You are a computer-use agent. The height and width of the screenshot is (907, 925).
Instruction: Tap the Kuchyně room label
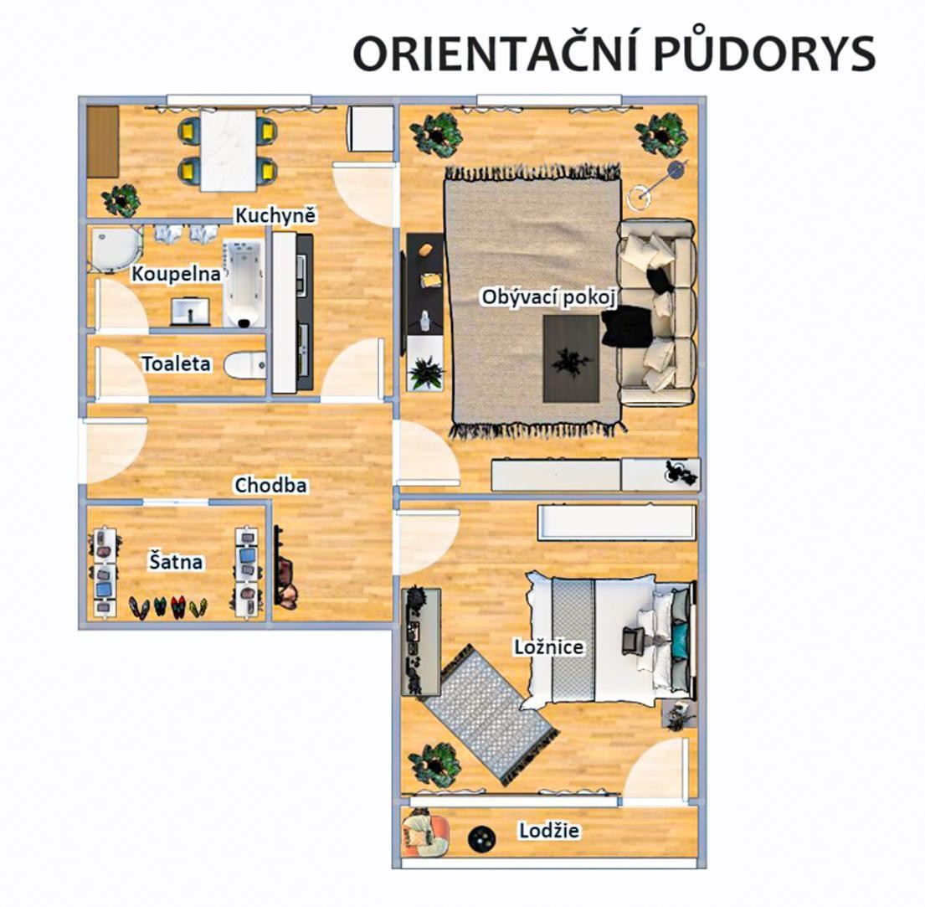(275, 215)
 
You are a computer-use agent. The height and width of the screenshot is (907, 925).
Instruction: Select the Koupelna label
(176, 273)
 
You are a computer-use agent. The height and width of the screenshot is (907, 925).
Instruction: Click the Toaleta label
(176, 363)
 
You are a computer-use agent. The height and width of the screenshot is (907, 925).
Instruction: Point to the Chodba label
(270, 485)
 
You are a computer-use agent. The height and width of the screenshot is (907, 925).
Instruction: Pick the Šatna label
(175, 561)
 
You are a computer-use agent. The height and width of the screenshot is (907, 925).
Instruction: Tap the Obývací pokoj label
(548, 297)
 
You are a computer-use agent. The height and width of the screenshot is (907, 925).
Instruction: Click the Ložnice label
(548, 647)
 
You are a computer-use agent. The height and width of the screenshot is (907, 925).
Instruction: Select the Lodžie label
(548, 830)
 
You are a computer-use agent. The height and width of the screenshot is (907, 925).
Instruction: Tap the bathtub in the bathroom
(244, 283)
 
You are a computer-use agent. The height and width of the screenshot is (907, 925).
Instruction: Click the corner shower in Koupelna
(115, 250)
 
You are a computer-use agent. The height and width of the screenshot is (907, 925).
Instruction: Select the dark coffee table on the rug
(571, 358)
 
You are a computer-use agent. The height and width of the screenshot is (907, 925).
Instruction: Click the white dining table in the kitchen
(229, 151)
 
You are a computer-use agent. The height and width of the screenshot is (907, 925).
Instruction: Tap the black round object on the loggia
(482, 838)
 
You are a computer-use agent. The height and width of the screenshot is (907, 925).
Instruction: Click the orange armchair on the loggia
(424, 834)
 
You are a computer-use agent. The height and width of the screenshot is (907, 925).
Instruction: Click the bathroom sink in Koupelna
(191, 311)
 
